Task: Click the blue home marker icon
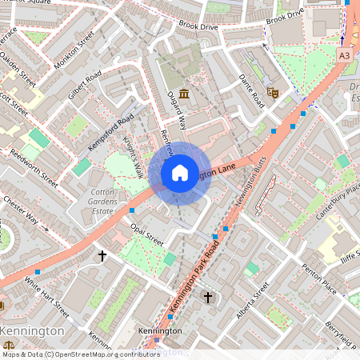coord(180,173)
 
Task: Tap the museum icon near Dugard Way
coord(185,95)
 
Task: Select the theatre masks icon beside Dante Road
coord(273,93)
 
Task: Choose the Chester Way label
coord(20,210)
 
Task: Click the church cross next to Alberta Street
coord(208,298)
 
